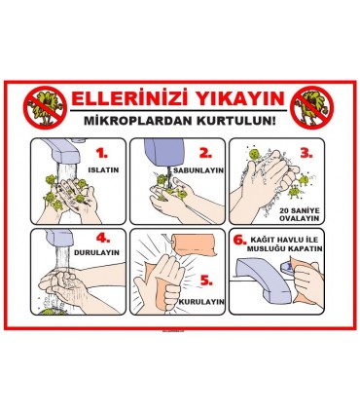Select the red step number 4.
click(103, 240)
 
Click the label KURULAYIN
click(202, 302)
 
